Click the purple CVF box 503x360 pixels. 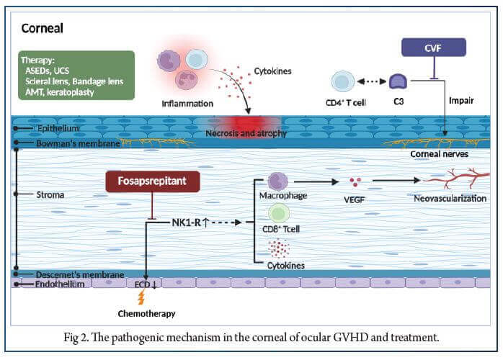pos(432,48)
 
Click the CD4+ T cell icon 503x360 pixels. pos(342,81)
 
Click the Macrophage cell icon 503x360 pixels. pos(277,181)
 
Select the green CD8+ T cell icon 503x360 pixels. pos(278,213)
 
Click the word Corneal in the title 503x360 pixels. pos(43,29)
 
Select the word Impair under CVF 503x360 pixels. pos(461,101)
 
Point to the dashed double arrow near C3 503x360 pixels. pos(372,81)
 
